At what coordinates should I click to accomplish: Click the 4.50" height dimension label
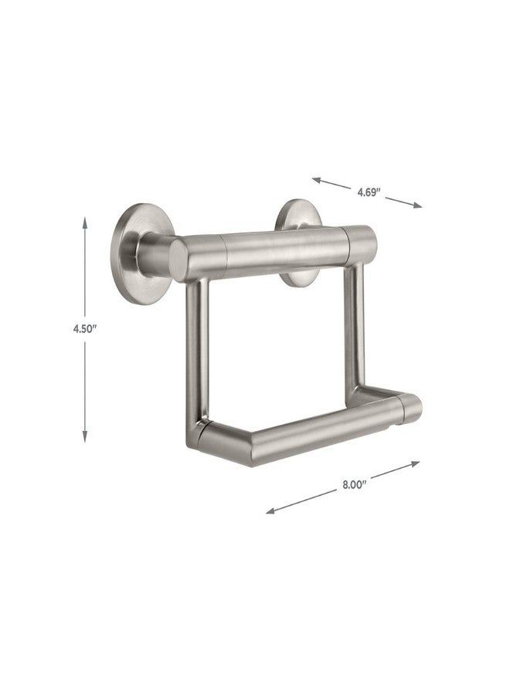point(85,329)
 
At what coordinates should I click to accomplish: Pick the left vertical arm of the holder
point(195,355)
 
